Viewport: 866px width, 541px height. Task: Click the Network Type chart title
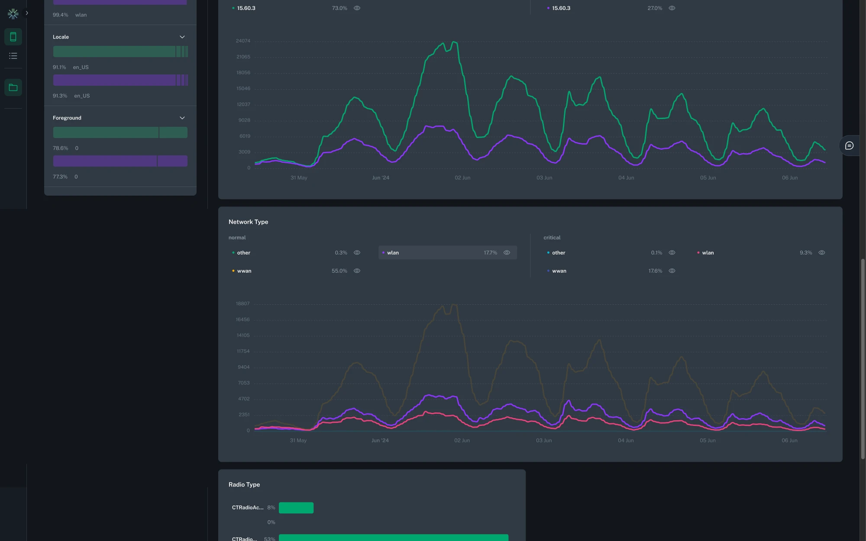click(248, 222)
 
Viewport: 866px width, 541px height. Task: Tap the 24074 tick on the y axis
click(243, 41)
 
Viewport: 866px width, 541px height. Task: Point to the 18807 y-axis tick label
click(242, 304)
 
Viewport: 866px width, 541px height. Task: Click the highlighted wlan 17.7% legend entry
click(447, 253)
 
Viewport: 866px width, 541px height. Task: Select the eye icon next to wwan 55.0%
click(357, 271)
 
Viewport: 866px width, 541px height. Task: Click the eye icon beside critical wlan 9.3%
click(821, 253)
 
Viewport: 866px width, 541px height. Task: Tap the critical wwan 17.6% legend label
click(559, 271)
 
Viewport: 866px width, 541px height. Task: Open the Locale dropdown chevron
click(182, 37)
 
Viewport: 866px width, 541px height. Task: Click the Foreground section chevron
click(182, 118)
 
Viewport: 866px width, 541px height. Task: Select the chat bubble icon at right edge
click(849, 146)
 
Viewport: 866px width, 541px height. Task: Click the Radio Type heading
click(244, 485)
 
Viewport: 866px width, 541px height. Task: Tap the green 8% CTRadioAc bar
click(296, 508)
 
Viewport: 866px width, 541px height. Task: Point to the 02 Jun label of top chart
click(462, 178)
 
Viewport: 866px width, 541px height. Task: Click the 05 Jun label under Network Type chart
click(708, 441)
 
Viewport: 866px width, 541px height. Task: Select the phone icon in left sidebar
click(13, 37)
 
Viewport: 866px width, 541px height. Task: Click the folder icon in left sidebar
click(13, 88)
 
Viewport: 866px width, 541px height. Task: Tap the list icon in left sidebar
click(13, 56)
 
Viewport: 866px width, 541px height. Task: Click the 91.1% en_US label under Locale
click(71, 68)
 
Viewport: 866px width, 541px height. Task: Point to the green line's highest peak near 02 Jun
click(454, 42)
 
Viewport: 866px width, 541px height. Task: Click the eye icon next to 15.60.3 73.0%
click(357, 8)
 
